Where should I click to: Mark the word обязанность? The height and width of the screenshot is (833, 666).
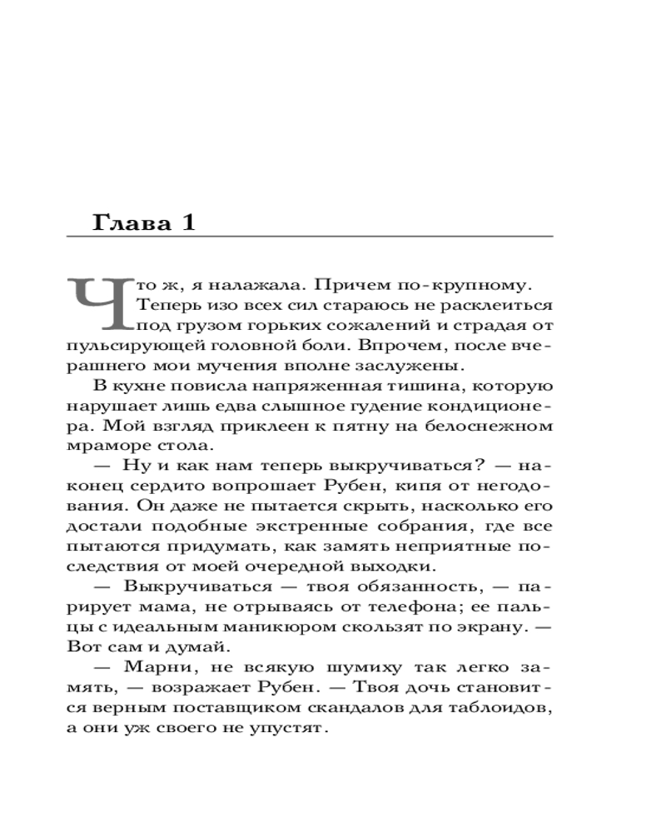tap(397, 589)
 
